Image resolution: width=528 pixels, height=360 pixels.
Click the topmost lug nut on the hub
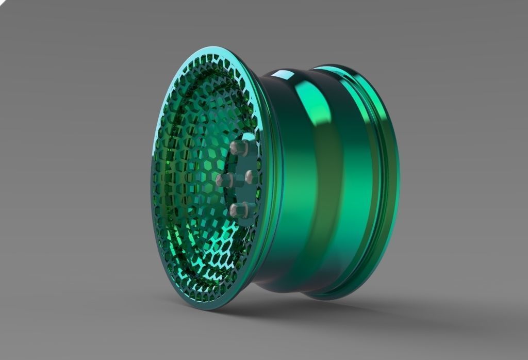point(238,149)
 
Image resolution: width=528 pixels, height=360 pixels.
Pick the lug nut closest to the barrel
point(250,177)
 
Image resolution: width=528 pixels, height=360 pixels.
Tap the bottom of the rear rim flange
point(330,297)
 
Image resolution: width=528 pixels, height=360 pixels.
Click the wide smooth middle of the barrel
point(330,181)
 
